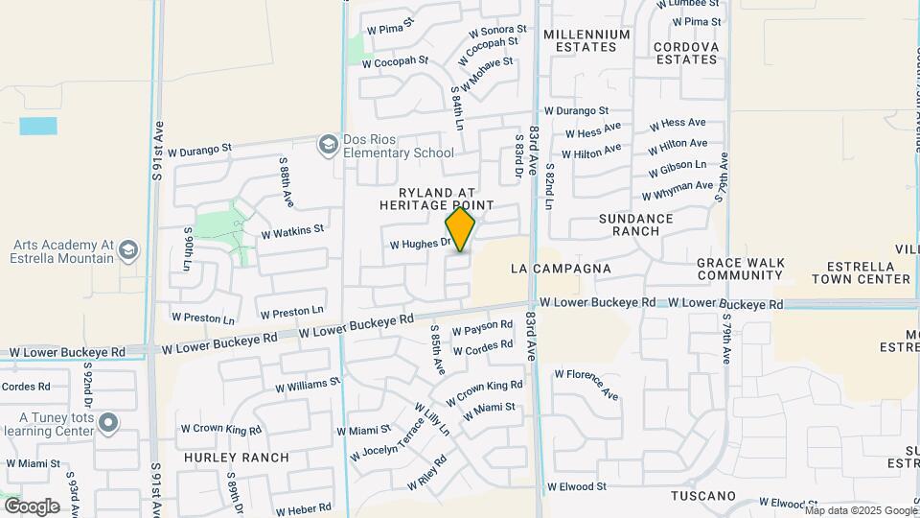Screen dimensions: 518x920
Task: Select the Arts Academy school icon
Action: pos(127,251)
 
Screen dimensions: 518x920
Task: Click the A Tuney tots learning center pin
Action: pos(108,422)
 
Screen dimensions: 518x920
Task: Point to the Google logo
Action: pos(31,506)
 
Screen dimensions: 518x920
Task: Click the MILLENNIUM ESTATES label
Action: pos(586,40)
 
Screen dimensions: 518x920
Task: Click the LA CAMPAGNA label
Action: pos(561,269)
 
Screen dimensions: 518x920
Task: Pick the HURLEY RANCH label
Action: pos(237,458)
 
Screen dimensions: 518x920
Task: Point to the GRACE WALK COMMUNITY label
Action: pos(740,269)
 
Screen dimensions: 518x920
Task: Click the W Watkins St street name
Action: pos(292,231)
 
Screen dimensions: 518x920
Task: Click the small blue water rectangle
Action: pos(38,126)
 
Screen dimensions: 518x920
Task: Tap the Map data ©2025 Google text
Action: pos(860,510)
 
